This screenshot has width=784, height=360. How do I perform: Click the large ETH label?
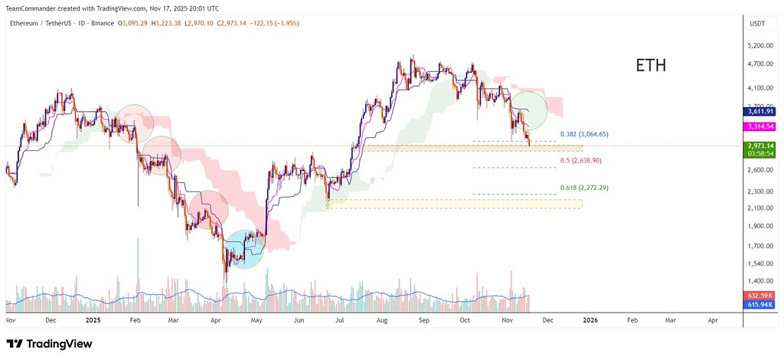tap(651, 65)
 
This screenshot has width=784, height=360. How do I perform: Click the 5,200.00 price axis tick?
tap(760, 46)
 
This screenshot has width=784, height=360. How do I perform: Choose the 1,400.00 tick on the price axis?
tap(760, 281)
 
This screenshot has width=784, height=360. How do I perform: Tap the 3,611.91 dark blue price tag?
tap(760, 112)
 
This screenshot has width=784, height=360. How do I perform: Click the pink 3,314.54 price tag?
tap(760, 126)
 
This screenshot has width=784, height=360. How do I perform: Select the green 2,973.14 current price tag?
tap(760, 146)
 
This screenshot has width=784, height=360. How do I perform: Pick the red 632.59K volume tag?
tap(760, 295)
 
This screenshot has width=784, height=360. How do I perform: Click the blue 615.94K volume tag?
tap(760, 304)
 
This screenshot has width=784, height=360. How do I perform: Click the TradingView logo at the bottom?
tap(49, 344)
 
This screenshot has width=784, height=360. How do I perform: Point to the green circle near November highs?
tap(528, 110)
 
